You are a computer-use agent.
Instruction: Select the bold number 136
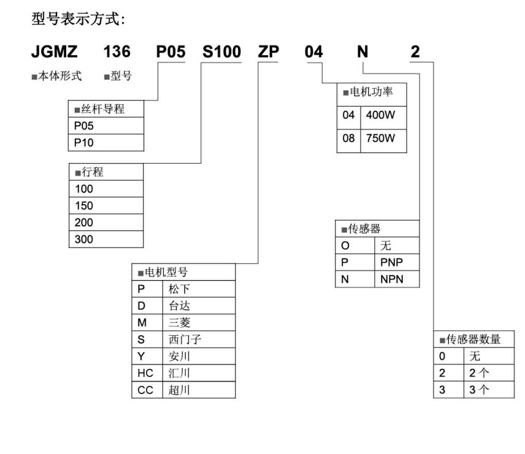[117, 53]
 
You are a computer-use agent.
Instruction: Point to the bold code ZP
[269, 53]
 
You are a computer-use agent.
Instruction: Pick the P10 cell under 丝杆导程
[106, 142]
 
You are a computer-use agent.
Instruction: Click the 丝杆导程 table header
[106, 109]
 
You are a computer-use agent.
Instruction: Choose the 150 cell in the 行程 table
[106, 206]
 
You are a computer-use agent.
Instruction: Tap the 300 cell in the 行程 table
[106, 239]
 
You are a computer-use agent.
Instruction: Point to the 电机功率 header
[371, 93]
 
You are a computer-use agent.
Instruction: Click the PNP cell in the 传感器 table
[396, 262]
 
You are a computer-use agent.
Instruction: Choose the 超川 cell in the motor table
[198, 389]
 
